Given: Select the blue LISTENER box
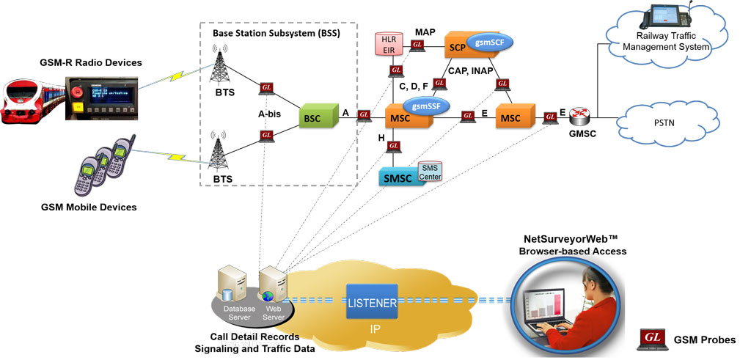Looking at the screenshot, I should coord(372,302).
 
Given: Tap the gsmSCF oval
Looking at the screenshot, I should coord(490,43).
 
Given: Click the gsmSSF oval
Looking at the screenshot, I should coord(425,106).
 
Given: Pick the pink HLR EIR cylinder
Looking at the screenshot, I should coord(388,43).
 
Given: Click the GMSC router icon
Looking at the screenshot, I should coord(582,114).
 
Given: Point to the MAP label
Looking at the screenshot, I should coord(425,33).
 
